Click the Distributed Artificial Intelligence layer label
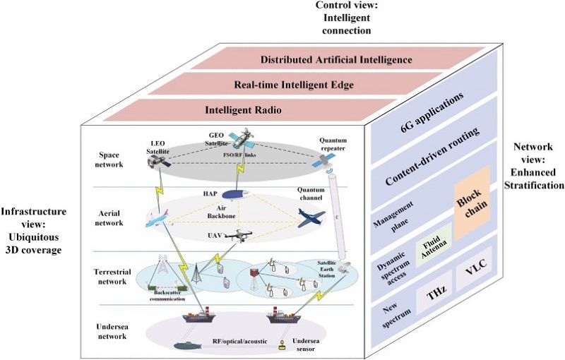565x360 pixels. (x=336, y=60)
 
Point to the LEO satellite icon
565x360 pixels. (x=157, y=163)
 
